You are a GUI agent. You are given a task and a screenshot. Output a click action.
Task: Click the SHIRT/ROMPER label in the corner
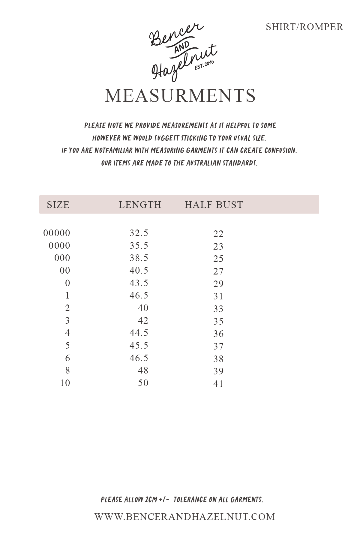tap(304, 27)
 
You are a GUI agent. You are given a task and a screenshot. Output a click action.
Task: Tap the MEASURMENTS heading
tap(180, 96)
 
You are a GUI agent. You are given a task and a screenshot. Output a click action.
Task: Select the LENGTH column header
tap(140, 205)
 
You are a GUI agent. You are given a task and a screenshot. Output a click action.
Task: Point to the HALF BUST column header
tap(214, 205)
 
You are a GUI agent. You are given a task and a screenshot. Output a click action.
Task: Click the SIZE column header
tap(58, 205)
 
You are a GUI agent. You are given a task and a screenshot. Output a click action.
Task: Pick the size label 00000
tap(57, 233)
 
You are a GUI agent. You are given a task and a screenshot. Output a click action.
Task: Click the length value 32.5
tap(139, 233)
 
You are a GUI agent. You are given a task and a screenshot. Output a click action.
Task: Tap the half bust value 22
tap(218, 234)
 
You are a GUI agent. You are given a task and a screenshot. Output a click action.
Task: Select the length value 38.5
tap(139, 258)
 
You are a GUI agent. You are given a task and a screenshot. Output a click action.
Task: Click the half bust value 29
tap(218, 284)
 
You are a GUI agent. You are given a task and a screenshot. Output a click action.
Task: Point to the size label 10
tap(65, 383)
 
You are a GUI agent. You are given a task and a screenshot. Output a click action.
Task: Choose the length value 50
tap(143, 383)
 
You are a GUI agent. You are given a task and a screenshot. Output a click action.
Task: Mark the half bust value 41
tap(218, 384)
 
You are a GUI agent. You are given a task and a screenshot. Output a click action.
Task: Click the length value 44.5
tap(139, 333)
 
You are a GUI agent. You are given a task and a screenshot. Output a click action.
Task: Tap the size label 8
tap(67, 370)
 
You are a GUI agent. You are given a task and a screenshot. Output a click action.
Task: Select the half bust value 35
tap(218, 322)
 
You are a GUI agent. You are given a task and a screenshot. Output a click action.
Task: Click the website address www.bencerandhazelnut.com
tap(185, 517)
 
